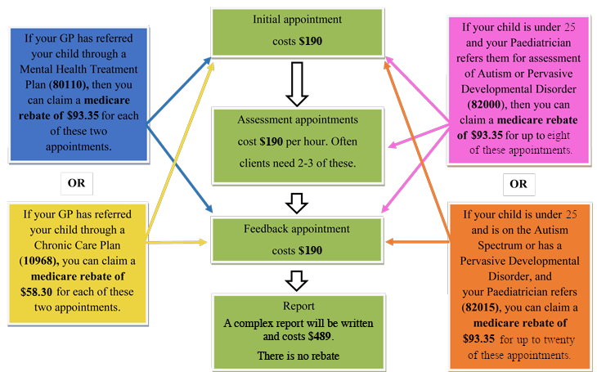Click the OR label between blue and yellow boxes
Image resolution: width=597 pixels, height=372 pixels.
pyautogui.click(x=76, y=182)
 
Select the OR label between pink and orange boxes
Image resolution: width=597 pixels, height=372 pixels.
pyautogui.click(x=518, y=184)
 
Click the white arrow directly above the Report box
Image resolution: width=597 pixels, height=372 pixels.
pyautogui.click(x=297, y=280)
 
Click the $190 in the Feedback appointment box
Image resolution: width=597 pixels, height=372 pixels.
pyautogui.click(x=310, y=249)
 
